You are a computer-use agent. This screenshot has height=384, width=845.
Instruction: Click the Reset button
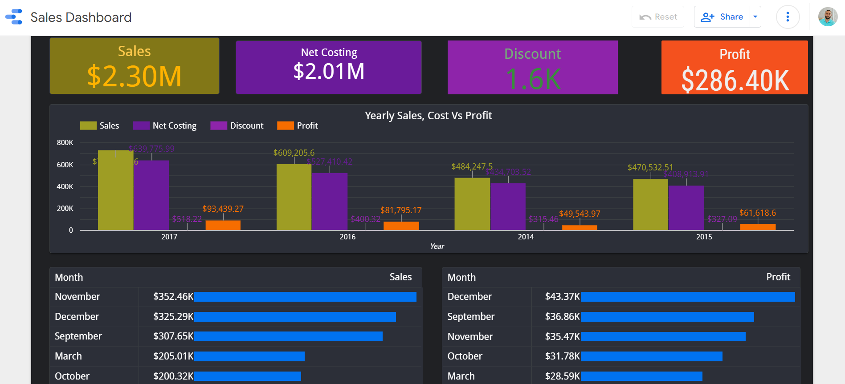point(658,17)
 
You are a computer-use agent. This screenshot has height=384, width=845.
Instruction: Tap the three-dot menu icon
point(788,17)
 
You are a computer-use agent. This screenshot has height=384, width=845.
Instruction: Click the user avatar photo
point(828,17)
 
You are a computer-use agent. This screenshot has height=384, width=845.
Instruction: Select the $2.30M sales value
point(134,76)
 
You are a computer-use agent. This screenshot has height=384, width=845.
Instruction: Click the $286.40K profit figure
point(735,81)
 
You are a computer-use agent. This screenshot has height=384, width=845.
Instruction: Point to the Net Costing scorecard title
point(329,53)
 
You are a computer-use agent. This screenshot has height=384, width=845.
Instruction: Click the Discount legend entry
point(237,125)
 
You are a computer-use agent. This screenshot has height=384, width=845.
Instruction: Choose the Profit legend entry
point(298,125)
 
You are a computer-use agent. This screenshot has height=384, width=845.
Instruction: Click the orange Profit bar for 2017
point(223,225)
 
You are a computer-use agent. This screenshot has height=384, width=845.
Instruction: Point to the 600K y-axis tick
point(65,165)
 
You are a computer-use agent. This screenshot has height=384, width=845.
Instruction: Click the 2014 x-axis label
point(526,237)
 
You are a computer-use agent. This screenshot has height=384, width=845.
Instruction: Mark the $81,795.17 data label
point(400,210)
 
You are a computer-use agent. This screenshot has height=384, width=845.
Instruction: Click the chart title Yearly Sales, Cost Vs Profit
point(428,116)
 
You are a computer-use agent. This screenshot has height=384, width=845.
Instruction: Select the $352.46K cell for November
point(173,297)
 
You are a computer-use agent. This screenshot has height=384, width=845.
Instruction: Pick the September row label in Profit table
point(471,316)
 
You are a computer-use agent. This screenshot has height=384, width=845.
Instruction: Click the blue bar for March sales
point(249,356)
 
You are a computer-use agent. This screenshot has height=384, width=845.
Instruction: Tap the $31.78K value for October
point(562,356)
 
